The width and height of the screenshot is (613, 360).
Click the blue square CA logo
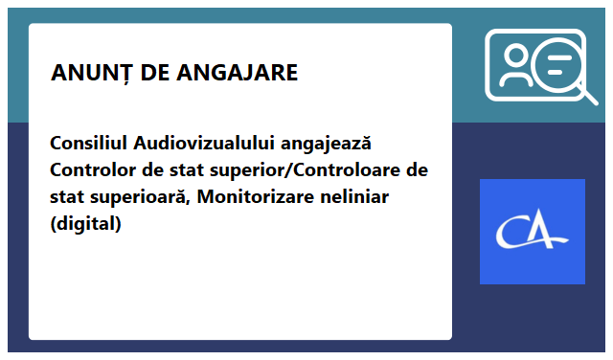[x=532, y=232]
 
